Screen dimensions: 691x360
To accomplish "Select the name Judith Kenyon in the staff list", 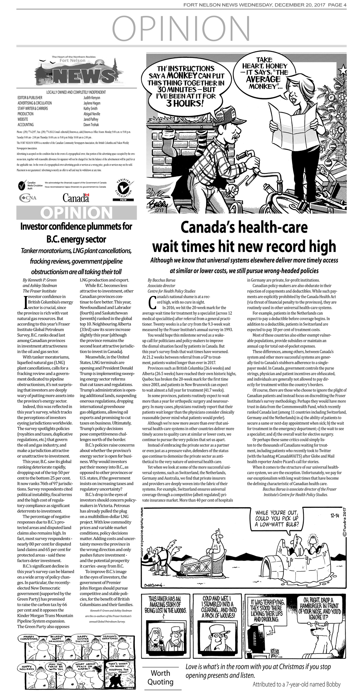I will pyautogui.click(x=92, y=97).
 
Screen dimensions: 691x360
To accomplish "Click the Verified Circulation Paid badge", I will pyautogui.click(x=123, y=190).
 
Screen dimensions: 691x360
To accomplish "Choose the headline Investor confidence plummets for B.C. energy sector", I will pyautogui.click(x=76, y=233).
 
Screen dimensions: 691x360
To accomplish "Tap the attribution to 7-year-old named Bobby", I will pyautogui.click(x=296, y=684).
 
